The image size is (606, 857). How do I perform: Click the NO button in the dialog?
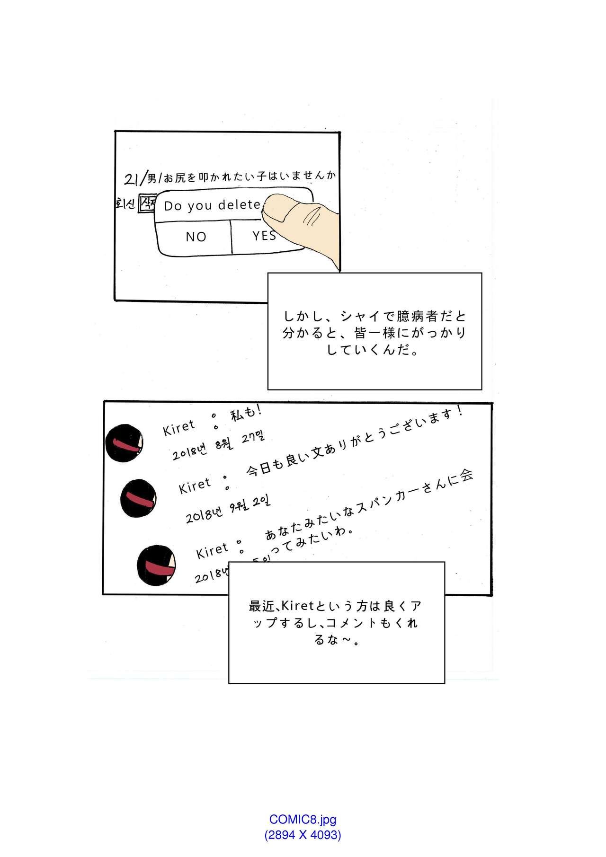click(196, 237)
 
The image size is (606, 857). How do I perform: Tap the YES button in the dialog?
click(264, 235)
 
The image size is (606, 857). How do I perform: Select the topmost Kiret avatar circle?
click(124, 443)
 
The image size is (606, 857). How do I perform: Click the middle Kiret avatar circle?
click(139, 498)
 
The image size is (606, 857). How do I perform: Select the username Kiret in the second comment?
click(195, 486)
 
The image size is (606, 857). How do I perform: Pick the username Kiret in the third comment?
click(212, 551)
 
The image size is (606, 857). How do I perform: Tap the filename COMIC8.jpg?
click(303, 819)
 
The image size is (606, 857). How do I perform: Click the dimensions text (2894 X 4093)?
click(303, 835)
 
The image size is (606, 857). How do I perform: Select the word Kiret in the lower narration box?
click(298, 606)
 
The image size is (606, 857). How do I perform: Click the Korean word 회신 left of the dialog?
click(125, 204)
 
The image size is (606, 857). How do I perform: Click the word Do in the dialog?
click(172, 206)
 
